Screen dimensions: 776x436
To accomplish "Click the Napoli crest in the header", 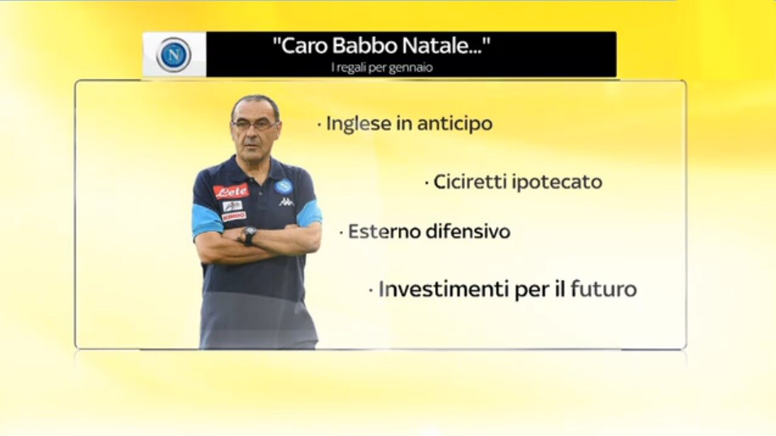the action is pos(174,55).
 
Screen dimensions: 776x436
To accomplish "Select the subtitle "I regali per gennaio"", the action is pos(381,67).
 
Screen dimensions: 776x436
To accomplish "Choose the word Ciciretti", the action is pos(470,181).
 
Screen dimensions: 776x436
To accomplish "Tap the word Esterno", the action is pos(381,232).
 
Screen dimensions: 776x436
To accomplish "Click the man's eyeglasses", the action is pos(254,125).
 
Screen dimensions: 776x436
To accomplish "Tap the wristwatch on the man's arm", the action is pos(249,235).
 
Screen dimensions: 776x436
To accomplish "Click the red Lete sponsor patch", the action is pos(231,191).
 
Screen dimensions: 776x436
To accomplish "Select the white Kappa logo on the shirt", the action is pos(286,202).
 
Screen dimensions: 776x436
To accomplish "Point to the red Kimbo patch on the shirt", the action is pos(234,216).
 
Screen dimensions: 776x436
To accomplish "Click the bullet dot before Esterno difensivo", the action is pos(341,233).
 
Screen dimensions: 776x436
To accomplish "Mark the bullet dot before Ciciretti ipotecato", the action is pos(427,184).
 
